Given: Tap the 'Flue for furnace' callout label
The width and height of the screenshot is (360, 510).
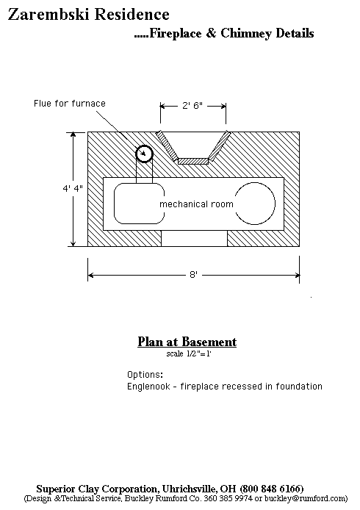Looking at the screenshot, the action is point(70,104).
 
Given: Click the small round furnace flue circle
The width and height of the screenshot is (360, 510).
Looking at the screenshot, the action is point(144,154).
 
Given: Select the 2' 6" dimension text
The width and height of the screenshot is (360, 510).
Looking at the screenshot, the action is point(192,105).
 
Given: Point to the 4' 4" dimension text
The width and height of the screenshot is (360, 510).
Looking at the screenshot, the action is point(73,188).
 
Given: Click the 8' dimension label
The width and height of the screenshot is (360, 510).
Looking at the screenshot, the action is point(193,275).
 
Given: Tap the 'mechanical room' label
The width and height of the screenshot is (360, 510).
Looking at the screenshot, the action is point(196,204).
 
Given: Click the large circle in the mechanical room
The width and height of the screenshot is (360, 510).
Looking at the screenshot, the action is point(275,204).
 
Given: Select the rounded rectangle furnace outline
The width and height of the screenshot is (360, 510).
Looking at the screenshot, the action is point(114,204).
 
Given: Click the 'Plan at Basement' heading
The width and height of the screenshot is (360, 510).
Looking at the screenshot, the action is point(187,342).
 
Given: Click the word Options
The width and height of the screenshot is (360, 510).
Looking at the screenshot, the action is point(145,375).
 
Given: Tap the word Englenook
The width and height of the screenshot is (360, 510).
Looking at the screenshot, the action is point(148,387).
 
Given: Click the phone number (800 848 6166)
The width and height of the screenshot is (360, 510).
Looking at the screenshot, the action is point(272,489).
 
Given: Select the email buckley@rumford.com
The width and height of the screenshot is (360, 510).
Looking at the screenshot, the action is point(306,498).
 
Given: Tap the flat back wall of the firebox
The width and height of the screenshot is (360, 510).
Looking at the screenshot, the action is point(193,161).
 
